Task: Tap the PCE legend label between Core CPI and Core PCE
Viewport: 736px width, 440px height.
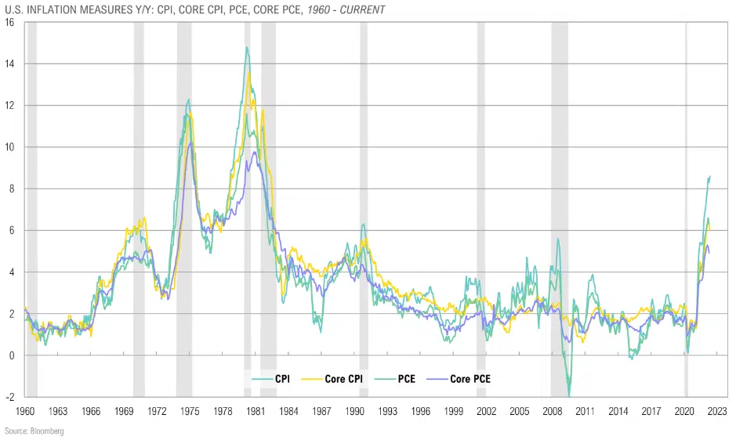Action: click(404, 379)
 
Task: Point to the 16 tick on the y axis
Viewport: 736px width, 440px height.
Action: click(9, 22)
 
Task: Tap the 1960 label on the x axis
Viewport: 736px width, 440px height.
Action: click(25, 411)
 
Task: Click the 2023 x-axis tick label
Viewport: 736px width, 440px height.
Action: click(718, 411)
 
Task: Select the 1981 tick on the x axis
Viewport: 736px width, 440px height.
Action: click(256, 411)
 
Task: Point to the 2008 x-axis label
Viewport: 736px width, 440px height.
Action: click(553, 411)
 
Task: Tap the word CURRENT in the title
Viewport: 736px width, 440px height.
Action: click(361, 9)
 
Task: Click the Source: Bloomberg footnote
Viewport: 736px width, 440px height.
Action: click(34, 431)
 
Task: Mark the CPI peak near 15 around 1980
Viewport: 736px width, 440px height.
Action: click(246, 47)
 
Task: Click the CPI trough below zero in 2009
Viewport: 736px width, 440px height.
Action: click(569, 396)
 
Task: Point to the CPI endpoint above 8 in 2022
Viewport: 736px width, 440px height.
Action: click(710, 176)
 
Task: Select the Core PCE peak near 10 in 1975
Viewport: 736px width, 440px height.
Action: click(189, 142)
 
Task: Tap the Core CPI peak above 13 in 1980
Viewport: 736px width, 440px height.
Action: click(249, 74)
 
